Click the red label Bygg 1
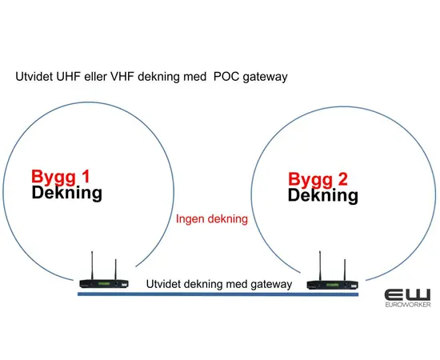click(62, 176)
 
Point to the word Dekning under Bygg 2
click(323, 194)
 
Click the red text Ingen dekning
click(211, 218)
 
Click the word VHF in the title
click(122, 78)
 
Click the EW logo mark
click(407, 294)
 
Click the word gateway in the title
click(264, 78)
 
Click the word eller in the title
click(96, 78)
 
